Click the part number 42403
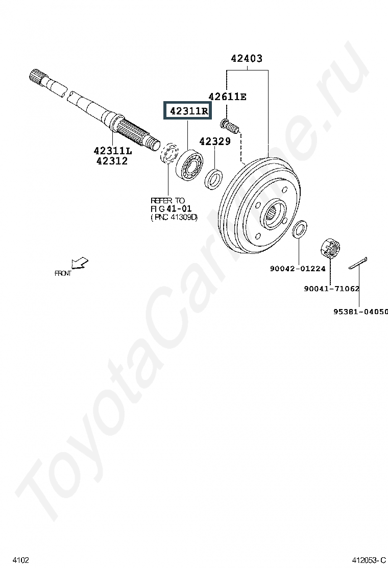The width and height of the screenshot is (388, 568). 247,59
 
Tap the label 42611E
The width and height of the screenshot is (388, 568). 227,97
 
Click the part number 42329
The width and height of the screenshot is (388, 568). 215,141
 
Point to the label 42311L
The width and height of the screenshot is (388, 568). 112,151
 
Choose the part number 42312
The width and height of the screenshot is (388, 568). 110,161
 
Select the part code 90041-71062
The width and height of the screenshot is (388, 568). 331,289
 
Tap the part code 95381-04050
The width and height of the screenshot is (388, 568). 360,311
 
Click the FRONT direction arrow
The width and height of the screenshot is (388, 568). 80,263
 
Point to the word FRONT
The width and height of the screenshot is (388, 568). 63,274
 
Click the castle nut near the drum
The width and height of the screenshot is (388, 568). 329,248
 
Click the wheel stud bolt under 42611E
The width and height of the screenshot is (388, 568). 230,124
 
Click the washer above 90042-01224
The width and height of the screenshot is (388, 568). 300,229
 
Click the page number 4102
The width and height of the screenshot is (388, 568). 20,560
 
